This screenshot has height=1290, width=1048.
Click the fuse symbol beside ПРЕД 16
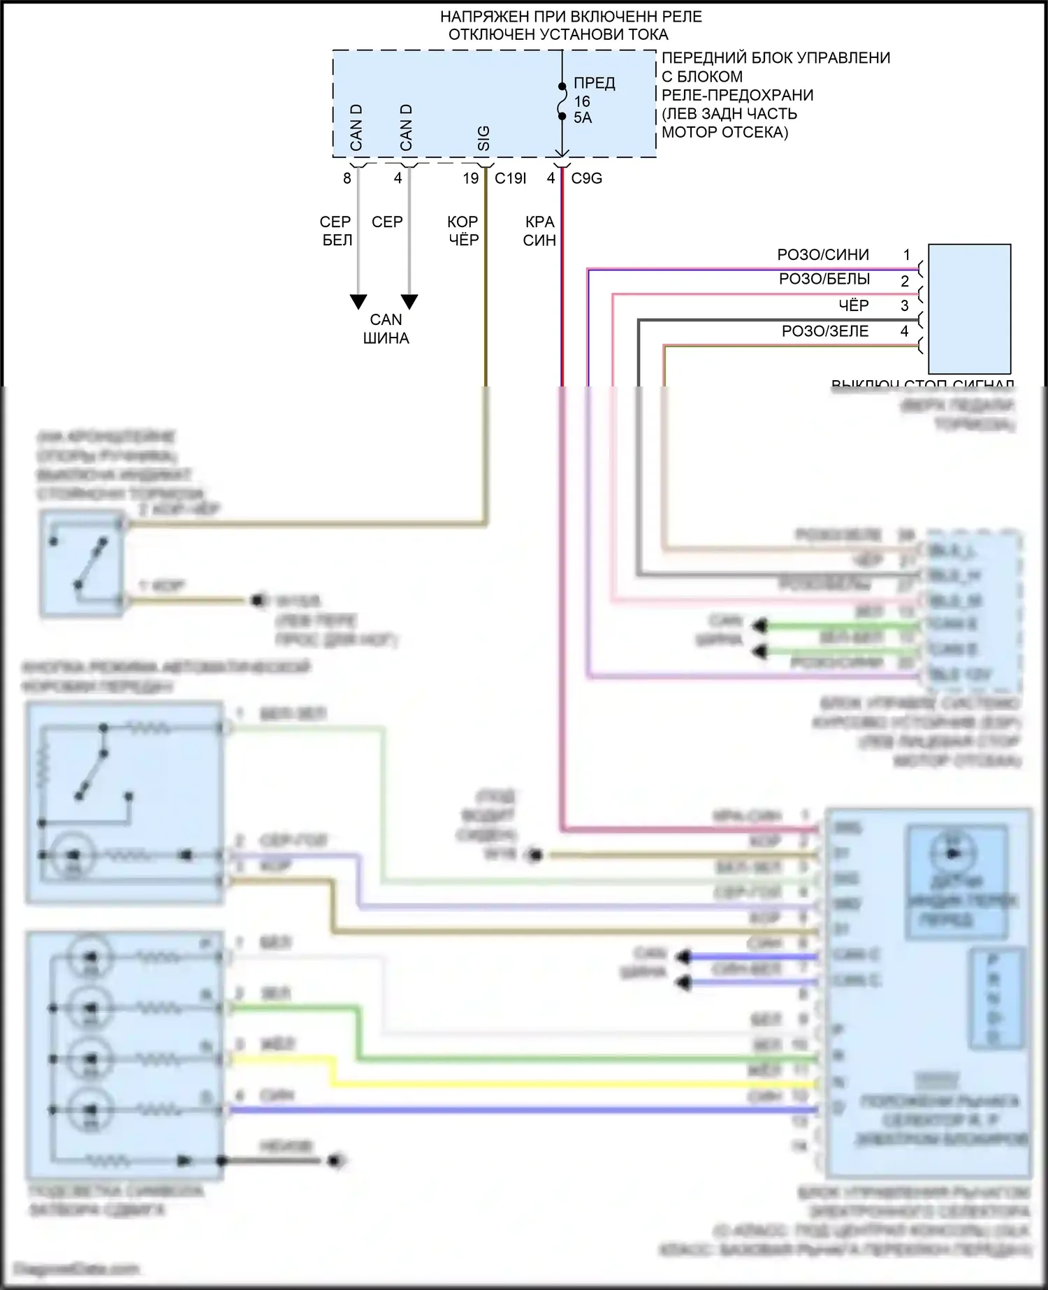tap(562, 102)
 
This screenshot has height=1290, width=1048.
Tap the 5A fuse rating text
tap(583, 117)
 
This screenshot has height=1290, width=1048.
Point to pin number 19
tap(470, 178)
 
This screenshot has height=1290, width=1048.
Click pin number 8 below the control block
tap(347, 178)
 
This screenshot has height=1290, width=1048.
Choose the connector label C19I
tap(510, 178)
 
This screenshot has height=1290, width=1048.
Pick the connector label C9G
tap(586, 178)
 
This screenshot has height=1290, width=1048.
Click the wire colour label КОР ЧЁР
tap(463, 231)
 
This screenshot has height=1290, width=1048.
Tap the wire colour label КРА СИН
tap(539, 231)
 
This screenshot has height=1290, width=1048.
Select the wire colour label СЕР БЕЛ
tap(336, 231)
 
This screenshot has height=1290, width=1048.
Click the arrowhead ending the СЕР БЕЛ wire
tap(358, 302)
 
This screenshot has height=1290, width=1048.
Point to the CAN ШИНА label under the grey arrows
tap(386, 328)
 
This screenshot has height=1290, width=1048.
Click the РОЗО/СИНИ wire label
tap(823, 254)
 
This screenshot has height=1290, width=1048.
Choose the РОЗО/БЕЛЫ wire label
tap(824, 279)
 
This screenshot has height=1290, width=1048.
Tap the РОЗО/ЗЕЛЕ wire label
tap(825, 331)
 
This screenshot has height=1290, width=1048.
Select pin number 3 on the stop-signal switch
tap(904, 305)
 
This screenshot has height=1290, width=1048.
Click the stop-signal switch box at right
tap(969, 308)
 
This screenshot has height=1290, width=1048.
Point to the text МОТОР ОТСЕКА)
tap(725, 132)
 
